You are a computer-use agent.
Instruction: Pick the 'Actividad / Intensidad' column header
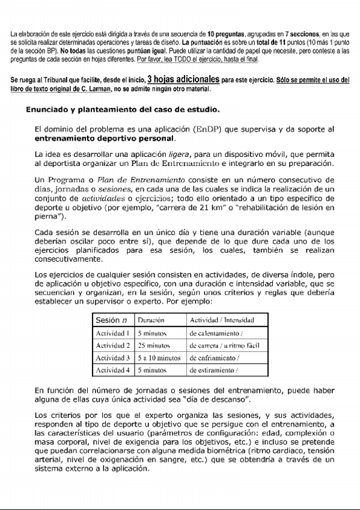(x=222, y=320)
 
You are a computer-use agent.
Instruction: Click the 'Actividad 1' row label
(x=113, y=333)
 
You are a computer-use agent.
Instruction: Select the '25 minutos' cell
(x=154, y=345)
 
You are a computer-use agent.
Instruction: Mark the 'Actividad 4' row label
(x=113, y=370)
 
